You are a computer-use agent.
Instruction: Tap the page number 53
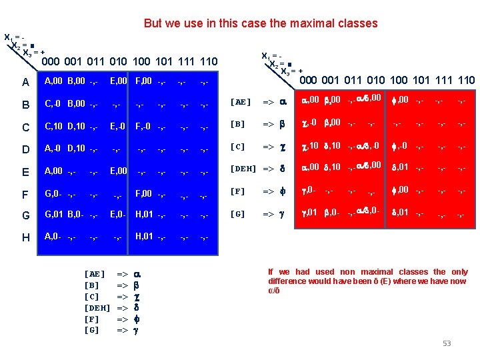click(447, 343)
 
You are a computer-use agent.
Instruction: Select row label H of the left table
click(25, 237)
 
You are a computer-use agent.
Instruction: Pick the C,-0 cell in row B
click(53, 103)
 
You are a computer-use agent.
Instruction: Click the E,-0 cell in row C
click(117, 125)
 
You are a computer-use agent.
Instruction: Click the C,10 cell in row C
click(54, 125)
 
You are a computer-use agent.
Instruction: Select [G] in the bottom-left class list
click(93, 330)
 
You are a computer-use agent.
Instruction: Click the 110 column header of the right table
click(465, 81)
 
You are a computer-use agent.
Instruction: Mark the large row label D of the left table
click(25, 148)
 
